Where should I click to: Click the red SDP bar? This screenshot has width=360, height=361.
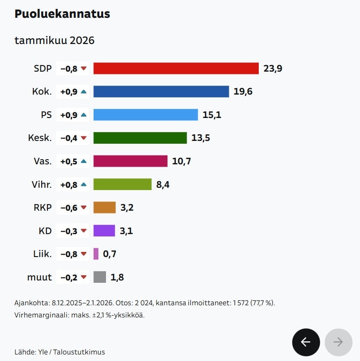coord(176,68)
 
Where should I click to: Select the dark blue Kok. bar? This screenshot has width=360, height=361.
coord(161,91)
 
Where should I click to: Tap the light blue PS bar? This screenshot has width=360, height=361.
coord(145,115)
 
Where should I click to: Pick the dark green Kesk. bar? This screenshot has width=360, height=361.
coord(140,138)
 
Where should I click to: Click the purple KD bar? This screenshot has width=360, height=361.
coord(104,230)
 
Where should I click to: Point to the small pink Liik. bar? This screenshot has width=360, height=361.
coord(96,254)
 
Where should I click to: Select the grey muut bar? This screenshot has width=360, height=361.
coord(99,277)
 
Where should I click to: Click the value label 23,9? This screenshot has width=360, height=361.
coord(273,68)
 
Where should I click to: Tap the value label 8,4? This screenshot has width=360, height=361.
coord(163,184)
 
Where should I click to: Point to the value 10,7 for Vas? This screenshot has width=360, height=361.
coord(181,161)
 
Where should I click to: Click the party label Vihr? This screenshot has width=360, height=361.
coord(41,184)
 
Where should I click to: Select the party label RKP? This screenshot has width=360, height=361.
coord(42,207)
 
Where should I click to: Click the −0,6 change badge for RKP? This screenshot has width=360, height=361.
coord(73,207)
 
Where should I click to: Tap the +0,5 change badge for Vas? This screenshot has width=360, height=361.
coord(73,161)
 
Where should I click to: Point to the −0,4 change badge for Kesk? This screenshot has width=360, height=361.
coord(73,138)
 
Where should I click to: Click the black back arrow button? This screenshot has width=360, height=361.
coord(306,342)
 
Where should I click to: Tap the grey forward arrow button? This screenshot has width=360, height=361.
coord(338,342)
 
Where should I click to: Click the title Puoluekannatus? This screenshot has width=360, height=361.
coord(62,14)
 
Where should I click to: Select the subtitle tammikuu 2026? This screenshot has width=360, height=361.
coord(54,40)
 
